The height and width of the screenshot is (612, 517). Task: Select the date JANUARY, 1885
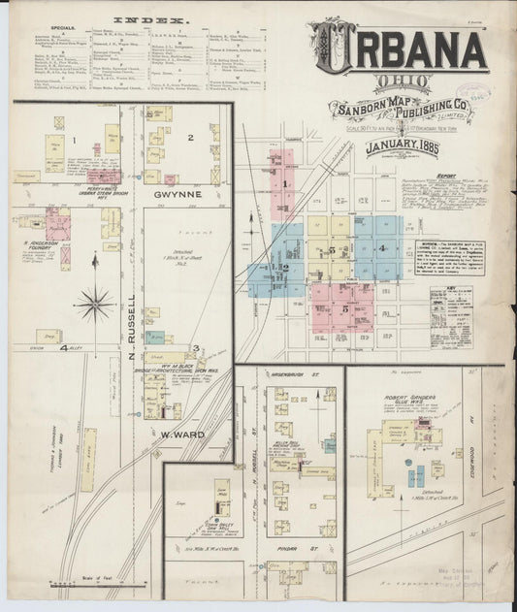coord(400,147)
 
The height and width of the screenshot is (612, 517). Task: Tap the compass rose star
coord(94,304)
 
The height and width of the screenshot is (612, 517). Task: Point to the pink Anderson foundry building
coord(65,257)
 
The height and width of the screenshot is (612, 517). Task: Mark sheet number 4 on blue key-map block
coord(381,248)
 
